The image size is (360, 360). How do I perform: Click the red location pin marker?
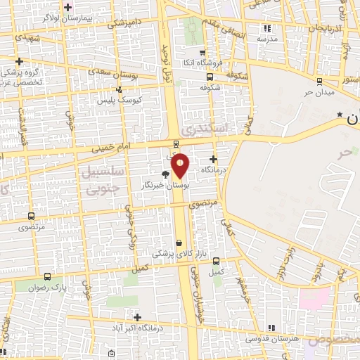181,165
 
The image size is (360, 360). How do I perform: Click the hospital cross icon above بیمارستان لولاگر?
67,8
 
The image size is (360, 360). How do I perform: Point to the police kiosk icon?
119,89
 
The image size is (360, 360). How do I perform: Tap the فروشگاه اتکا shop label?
202,64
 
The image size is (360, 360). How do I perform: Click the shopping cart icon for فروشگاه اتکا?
202,53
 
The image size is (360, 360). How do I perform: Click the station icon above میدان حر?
319,81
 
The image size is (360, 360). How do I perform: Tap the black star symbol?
340,114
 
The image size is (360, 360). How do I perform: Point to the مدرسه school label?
267,39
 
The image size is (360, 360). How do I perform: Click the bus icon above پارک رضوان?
47,276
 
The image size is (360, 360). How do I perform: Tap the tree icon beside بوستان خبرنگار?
165,174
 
